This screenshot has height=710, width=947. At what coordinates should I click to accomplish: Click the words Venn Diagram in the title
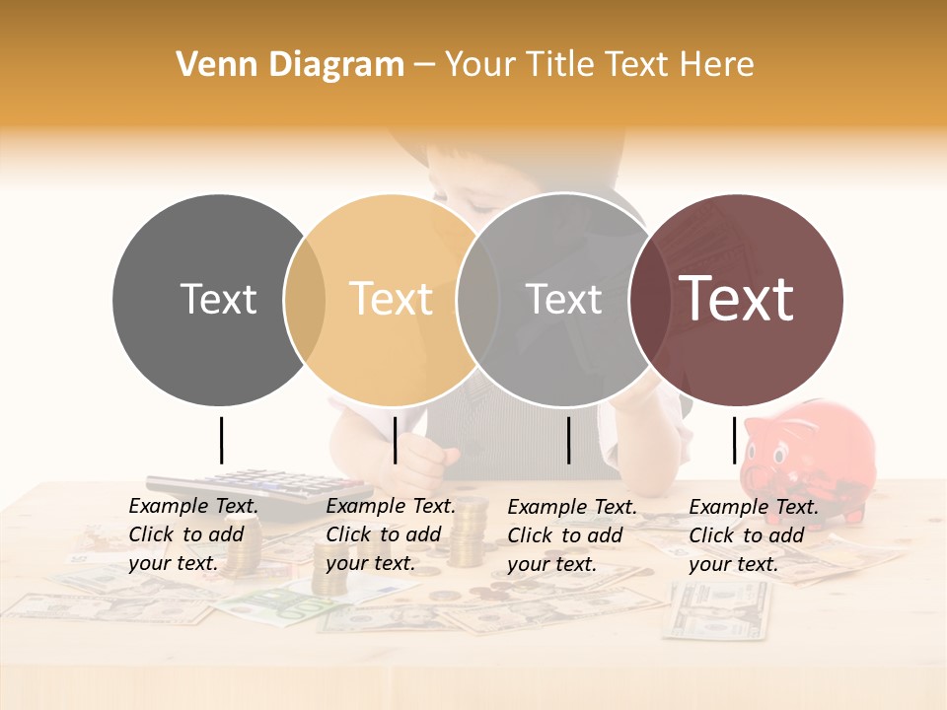[x=290, y=65]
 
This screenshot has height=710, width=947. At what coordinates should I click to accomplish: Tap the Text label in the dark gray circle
[x=218, y=299]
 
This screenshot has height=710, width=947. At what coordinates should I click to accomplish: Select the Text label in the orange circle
[x=392, y=299]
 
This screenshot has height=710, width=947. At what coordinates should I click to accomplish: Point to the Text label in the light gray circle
[x=563, y=299]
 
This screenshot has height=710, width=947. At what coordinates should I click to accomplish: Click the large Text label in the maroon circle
[x=737, y=298]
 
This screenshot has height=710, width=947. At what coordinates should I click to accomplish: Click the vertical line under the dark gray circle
[x=221, y=440]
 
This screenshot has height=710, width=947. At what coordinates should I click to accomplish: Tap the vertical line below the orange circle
[x=395, y=440]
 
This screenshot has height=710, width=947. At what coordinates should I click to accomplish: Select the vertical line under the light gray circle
[x=569, y=440]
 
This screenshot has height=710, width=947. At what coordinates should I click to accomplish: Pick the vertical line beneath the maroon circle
[x=734, y=440]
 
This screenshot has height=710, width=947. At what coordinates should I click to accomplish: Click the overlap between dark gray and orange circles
[x=305, y=300]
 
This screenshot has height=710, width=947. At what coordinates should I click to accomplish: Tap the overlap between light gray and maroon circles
[x=647, y=300]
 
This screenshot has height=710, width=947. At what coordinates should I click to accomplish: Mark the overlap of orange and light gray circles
[x=477, y=300]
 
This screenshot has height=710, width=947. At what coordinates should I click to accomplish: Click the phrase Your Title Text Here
[x=599, y=65]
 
